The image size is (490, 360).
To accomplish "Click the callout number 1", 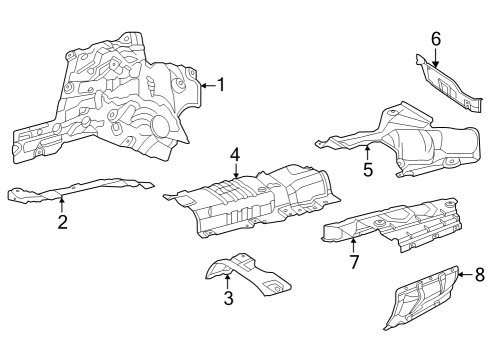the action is tap(222, 85).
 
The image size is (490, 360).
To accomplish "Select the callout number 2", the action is tap(63, 222).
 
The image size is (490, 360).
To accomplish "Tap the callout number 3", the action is tap(228, 298).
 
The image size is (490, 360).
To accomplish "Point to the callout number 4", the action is tap(235, 155).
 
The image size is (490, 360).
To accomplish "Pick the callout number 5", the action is tap(368, 170).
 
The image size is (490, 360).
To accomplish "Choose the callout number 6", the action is tap(436, 39).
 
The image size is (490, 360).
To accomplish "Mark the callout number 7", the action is tap(354, 262).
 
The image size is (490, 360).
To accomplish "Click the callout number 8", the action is tap(479, 275).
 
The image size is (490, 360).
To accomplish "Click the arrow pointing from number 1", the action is tap(209, 86).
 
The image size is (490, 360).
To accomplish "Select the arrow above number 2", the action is tap(62, 205).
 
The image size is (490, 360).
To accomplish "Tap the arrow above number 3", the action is tap(227, 281).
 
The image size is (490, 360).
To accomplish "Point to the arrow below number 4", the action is tap(236, 170).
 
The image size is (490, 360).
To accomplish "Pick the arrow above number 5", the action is tap(367, 153).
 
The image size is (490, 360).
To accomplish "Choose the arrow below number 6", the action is tap(435, 57).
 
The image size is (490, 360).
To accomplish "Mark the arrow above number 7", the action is tap(353, 244).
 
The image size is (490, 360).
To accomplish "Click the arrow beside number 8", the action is tap(466, 275).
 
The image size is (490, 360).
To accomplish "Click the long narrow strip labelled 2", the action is tap(80, 189).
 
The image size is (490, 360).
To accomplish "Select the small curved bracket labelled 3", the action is tap(248, 274).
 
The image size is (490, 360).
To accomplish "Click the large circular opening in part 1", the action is tap(161, 125).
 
